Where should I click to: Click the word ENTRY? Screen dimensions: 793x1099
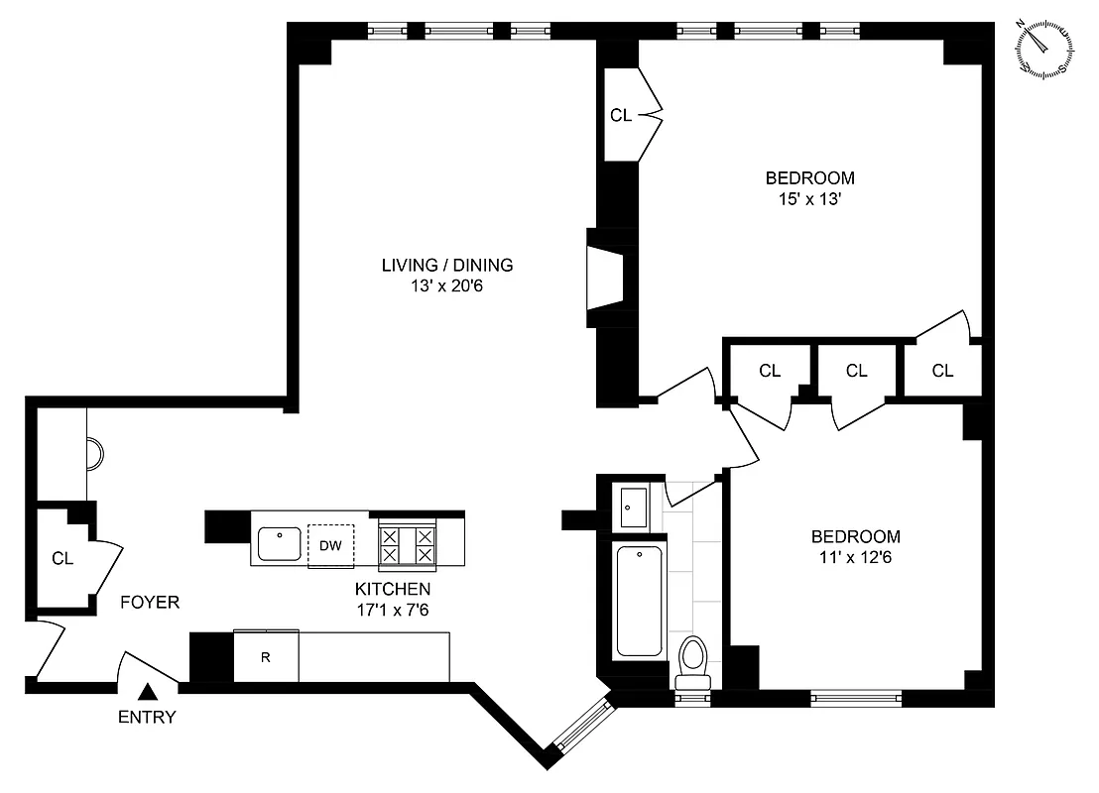(x=147, y=718)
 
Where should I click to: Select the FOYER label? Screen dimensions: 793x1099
(x=150, y=602)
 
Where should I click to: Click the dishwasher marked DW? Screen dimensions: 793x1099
(x=330, y=544)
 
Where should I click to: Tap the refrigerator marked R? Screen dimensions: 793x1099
(x=266, y=656)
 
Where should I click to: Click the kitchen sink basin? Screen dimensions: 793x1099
(x=280, y=544)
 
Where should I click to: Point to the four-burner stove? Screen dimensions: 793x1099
(x=408, y=545)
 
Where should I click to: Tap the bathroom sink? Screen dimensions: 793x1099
(x=631, y=507)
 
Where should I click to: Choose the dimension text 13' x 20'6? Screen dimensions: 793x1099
(x=447, y=285)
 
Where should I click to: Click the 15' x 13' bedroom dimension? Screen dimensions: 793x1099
(x=809, y=199)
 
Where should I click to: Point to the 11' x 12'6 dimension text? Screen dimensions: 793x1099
(x=855, y=557)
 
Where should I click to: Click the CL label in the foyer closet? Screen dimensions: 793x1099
(x=62, y=558)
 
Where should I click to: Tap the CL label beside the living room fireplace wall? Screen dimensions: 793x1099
(x=621, y=116)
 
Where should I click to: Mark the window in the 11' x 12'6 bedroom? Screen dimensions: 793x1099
(x=855, y=698)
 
